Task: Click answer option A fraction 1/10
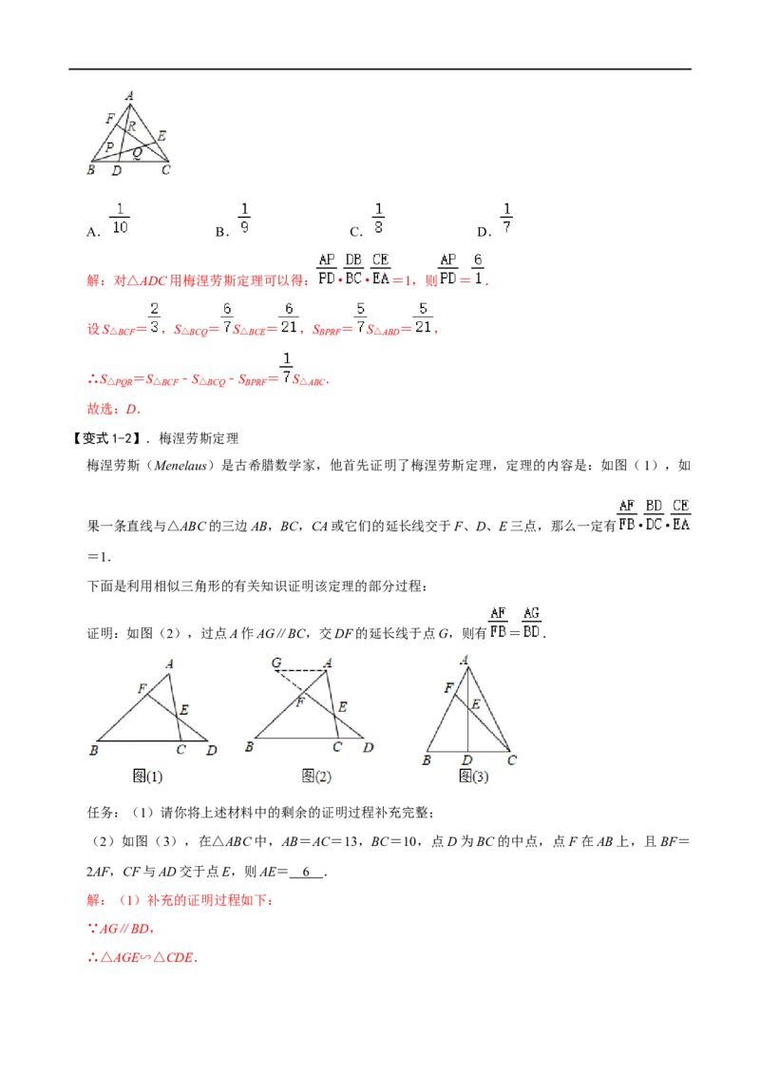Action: [x=120, y=219]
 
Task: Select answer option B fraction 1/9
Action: [x=244, y=219]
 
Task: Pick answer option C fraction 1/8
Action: [x=378, y=219]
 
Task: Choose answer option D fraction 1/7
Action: [x=506, y=219]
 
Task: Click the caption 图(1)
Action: [x=147, y=777]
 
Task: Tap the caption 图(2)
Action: [x=316, y=777]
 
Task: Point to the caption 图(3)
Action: [x=473, y=777]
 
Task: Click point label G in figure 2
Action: [x=276, y=663]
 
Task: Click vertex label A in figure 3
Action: [x=465, y=661]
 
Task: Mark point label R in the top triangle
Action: [x=132, y=126]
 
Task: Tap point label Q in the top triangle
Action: [x=137, y=152]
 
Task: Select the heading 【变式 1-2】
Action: [x=107, y=438]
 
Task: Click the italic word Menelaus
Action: [x=180, y=465]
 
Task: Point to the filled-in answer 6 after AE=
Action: [x=306, y=872]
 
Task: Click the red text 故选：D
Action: [x=114, y=409]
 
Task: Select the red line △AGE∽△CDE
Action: [x=142, y=957]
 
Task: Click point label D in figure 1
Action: [x=211, y=750]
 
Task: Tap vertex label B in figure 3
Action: [x=427, y=760]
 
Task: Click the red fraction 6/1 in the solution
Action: [x=478, y=269]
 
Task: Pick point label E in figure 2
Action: [x=343, y=707]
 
